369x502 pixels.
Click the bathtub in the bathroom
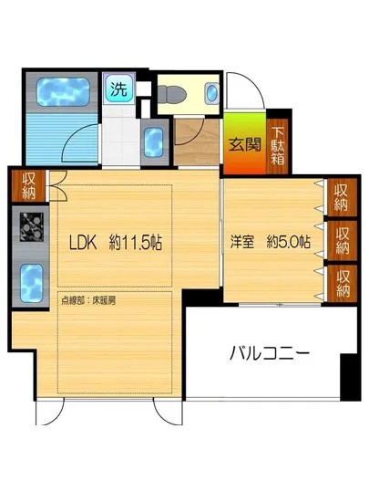58,94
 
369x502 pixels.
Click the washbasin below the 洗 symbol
153,141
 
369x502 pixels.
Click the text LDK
88,244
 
